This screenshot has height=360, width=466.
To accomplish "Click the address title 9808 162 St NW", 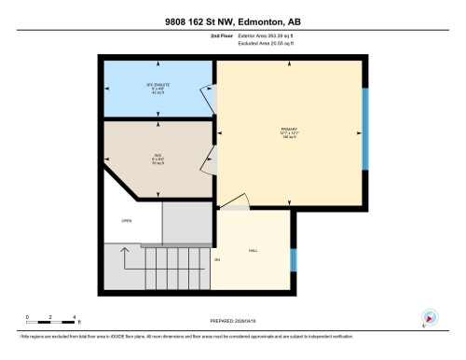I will coord(233,20).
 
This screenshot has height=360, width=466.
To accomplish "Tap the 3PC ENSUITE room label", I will coord(157,88).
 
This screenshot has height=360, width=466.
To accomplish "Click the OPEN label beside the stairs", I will coord(127,220).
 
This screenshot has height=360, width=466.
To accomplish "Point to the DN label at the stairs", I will coord(217,258).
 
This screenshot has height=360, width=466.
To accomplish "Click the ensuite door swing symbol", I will coord(208,93).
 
